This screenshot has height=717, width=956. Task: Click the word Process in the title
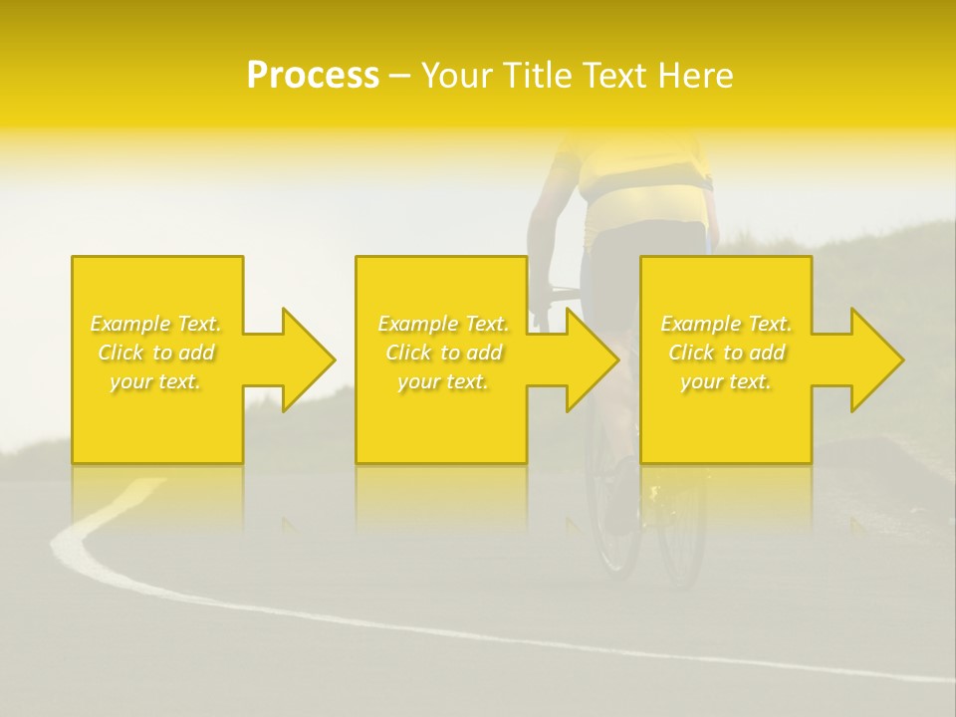tap(313, 76)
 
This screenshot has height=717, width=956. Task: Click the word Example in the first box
tap(130, 324)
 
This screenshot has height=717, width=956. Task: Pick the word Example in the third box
tap(701, 324)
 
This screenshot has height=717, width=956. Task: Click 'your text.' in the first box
tap(155, 381)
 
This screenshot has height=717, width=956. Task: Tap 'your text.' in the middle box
tap(442, 381)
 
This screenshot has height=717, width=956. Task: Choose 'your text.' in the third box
tap(725, 381)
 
